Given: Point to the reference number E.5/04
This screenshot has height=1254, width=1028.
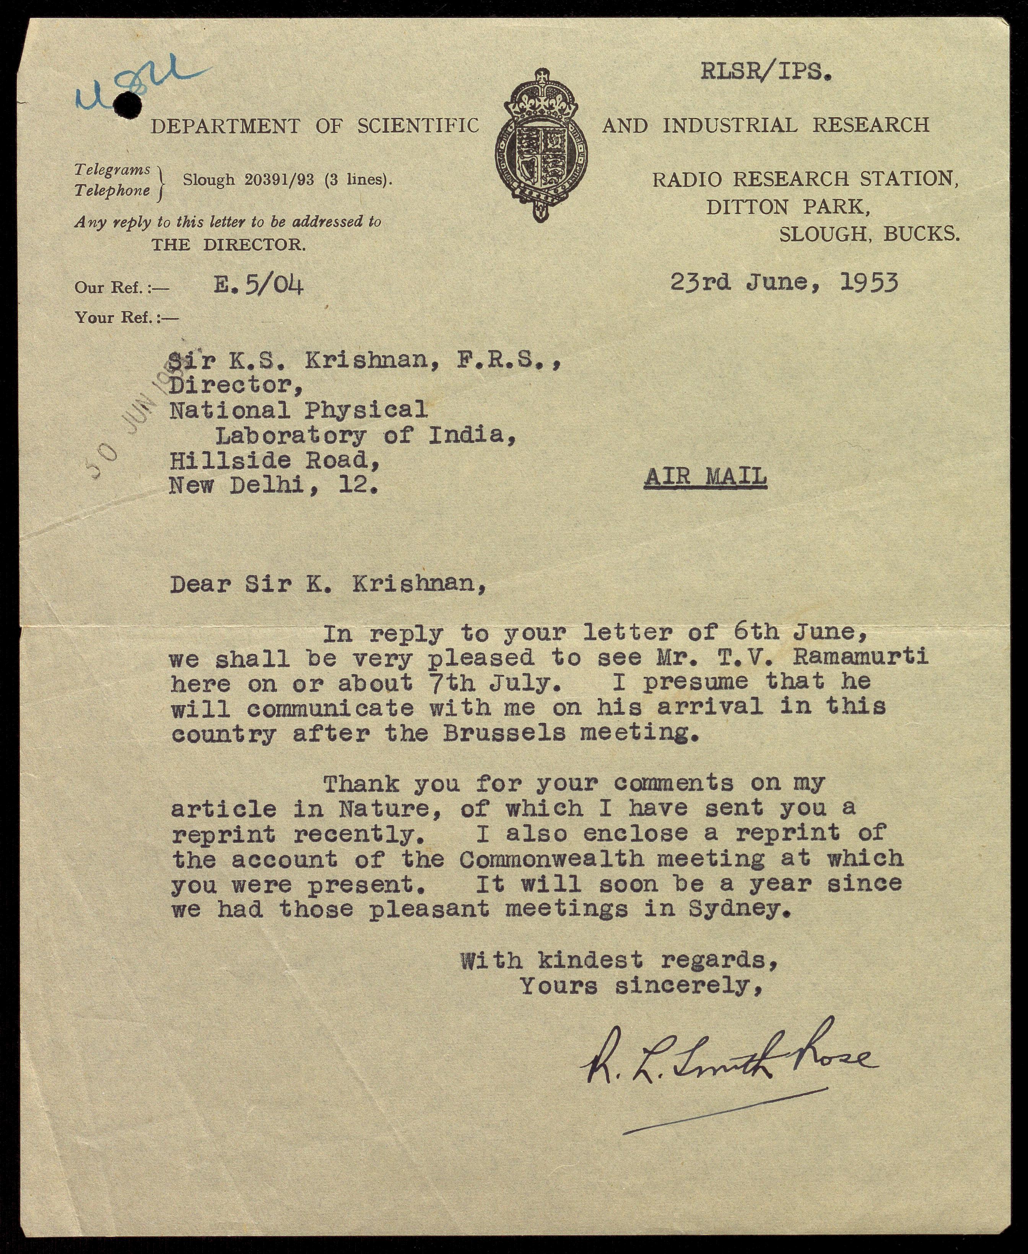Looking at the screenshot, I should coord(259,286).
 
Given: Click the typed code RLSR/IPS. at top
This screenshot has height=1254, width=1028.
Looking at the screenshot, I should coord(767,72).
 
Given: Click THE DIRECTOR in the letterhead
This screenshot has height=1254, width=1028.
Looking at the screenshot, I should coord(229,244).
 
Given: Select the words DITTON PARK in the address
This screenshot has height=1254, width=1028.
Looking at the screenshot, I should coord(787,207).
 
